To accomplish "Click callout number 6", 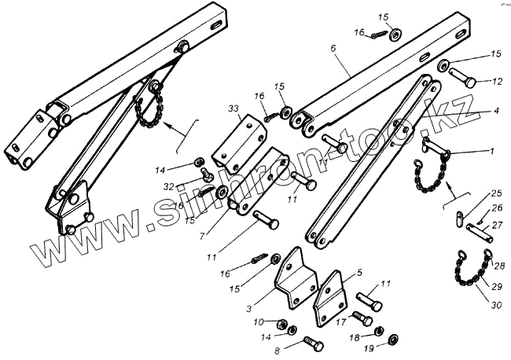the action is pyautogui.click(x=333, y=48).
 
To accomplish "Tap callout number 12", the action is pyautogui.click(x=496, y=81).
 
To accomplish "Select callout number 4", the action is pyautogui.click(x=496, y=112).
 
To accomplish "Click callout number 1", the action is pyautogui.click(x=492, y=150).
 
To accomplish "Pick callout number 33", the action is pyautogui.click(x=233, y=108).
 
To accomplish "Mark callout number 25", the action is pyautogui.click(x=495, y=193).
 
